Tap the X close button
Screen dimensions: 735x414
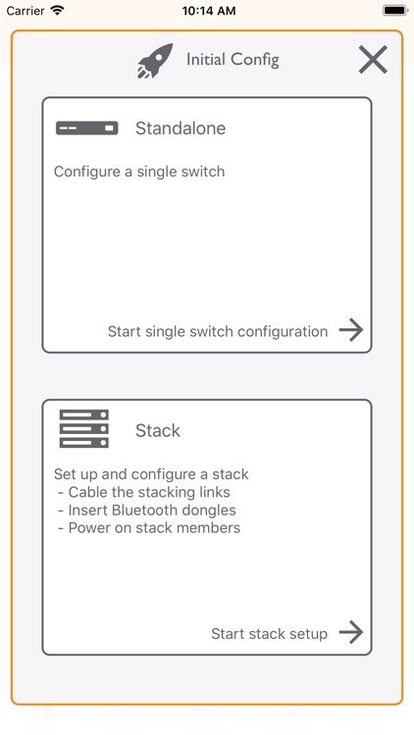pyautogui.click(x=373, y=60)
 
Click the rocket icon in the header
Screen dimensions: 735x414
pyautogui.click(x=155, y=61)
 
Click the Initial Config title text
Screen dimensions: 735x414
pyautogui.click(x=233, y=60)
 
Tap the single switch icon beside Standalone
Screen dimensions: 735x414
pyautogui.click(x=86, y=128)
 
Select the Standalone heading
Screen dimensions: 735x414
pyautogui.click(x=181, y=128)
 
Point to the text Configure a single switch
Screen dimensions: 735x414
pyautogui.click(x=139, y=171)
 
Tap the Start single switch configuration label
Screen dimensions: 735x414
pyautogui.click(x=218, y=331)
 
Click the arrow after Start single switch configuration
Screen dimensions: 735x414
pyautogui.click(x=351, y=330)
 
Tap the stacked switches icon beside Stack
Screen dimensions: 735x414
pyautogui.click(x=84, y=429)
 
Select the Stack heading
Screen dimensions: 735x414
pyautogui.click(x=158, y=430)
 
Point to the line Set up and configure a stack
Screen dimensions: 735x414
pyautogui.click(x=151, y=474)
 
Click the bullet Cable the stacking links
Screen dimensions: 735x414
pyautogui.click(x=149, y=492)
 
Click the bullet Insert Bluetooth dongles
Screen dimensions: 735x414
pyautogui.click(x=152, y=510)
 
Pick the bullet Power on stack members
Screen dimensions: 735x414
pyautogui.click(x=154, y=527)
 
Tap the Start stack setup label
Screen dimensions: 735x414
pyautogui.click(x=269, y=633)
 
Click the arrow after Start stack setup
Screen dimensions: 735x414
pyautogui.click(x=351, y=632)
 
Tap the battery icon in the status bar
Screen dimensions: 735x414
pyautogui.click(x=394, y=10)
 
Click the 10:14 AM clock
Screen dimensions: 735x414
pyautogui.click(x=207, y=10)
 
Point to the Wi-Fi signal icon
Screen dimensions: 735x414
pyautogui.click(x=57, y=10)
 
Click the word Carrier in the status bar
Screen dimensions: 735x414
pyautogui.click(x=25, y=10)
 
